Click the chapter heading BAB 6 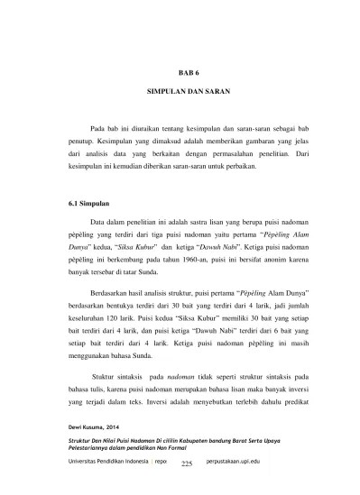pos(180,69)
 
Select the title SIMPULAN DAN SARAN pos(180,94)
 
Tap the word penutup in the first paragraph pos(84,142)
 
